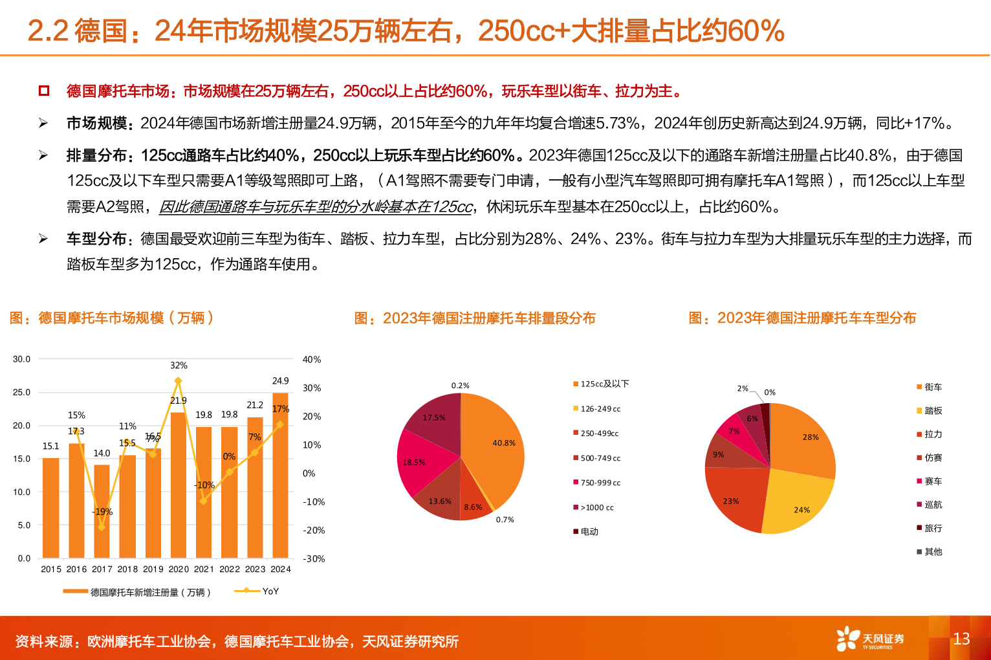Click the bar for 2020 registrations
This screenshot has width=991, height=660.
tap(179, 485)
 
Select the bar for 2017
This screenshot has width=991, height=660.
tap(102, 511)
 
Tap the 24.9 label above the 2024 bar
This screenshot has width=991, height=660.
tap(280, 381)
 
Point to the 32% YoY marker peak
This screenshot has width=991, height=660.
tap(179, 380)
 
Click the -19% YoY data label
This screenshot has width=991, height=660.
tap(102, 512)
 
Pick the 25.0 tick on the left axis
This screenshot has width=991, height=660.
tap(21, 392)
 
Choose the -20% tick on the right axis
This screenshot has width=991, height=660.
tap(314, 530)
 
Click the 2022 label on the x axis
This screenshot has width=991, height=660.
tap(230, 569)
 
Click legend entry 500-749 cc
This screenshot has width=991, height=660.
tap(600, 458)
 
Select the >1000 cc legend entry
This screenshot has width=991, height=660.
tap(596, 507)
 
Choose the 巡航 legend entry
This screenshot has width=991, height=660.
tap(932, 505)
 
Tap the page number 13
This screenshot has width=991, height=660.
tap(961, 639)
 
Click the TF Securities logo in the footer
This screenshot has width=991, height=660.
tap(869, 639)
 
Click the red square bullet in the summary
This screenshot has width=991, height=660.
tap(44, 91)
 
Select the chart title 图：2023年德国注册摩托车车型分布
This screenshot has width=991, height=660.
tap(802, 318)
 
